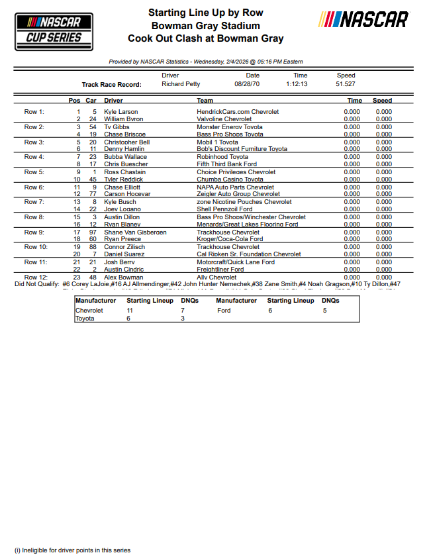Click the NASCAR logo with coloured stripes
click(x=363, y=20)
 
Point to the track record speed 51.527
click(x=346, y=84)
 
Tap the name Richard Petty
click(x=181, y=84)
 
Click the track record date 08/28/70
click(x=247, y=84)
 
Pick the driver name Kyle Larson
click(x=121, y=112)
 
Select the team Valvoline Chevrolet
click(x=224, y=119)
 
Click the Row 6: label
click(x=34, y=187)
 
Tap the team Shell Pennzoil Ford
click(x=224, y=209)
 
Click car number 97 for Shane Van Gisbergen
click(x=94, y=232)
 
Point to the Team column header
click(x=205, y=101)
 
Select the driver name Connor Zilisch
click(x=124, y=247)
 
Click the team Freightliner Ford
click(x=220, y=270)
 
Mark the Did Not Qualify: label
click(x=37, y=283)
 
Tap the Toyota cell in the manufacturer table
click(x=85, y=319)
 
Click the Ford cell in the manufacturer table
click(x=224, y=310)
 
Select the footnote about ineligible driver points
click(x=73, y=550)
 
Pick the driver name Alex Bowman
click(x=123, y=278)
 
